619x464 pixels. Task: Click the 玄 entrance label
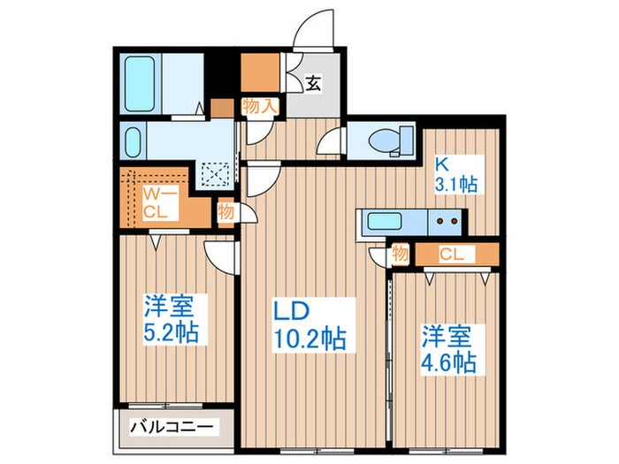[x=313, y=85]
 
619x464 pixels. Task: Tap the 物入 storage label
[x=261, y=106]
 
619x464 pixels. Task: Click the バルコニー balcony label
[x=172, y=427]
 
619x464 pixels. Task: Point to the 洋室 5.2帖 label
[x=172, y=320]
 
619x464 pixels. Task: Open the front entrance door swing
[x=314, y=34]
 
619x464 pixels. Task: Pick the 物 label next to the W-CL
[x=226, y=212]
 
